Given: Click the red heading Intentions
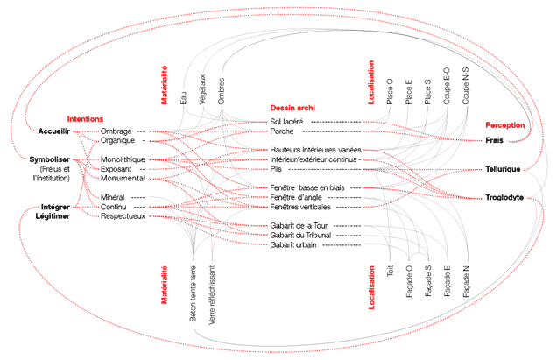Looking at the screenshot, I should coord(86,118).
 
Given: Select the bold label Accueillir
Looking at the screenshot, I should coord(53,131).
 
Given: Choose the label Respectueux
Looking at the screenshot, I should coord(122,215).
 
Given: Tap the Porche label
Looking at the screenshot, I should coord(283,131).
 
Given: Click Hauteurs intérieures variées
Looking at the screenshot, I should coord(315,150).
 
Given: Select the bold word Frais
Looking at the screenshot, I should coord(496,140).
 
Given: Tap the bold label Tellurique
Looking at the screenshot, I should coord(502,168).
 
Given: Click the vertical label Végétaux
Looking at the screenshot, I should coord(202,91).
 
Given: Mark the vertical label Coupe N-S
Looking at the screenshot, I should coord(466,85).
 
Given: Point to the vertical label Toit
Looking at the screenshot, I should coord(390,274).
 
